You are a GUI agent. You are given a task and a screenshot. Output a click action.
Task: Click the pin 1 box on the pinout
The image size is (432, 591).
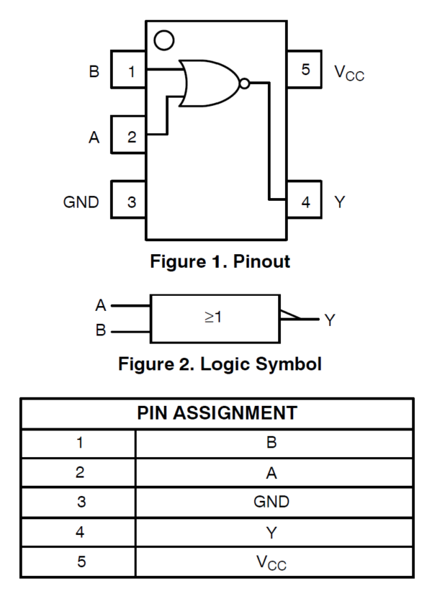(128, 71)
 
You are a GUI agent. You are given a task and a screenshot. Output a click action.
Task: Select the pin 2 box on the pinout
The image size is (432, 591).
(128, 136)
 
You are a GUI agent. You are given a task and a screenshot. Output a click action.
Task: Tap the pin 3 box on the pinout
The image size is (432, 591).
(128, 202)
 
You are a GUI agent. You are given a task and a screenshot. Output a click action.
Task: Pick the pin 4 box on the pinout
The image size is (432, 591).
(305, 202)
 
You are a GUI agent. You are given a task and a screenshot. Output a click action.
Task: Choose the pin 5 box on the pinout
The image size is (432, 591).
(305, 71)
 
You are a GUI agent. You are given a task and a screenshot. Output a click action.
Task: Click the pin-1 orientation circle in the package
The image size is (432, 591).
(164, 40)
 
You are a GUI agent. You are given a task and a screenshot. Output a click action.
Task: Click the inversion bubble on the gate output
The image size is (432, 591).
(244, 84)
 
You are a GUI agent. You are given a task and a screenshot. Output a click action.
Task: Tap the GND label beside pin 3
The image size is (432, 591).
(81, 202)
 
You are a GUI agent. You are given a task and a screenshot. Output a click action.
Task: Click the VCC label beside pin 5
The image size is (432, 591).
(349, 72)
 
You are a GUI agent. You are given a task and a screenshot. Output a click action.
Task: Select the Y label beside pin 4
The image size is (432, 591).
(340, 202)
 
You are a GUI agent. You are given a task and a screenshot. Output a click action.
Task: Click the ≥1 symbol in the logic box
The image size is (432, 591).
(213, 317)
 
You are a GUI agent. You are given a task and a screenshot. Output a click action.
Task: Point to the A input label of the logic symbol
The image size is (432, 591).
(101, 305)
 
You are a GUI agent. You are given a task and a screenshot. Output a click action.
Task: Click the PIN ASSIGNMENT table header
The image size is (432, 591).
(217, 413)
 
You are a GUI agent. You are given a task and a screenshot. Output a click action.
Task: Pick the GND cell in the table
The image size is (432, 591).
(271, 502)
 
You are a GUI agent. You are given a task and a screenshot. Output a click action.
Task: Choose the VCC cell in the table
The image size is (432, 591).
(271, 562)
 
